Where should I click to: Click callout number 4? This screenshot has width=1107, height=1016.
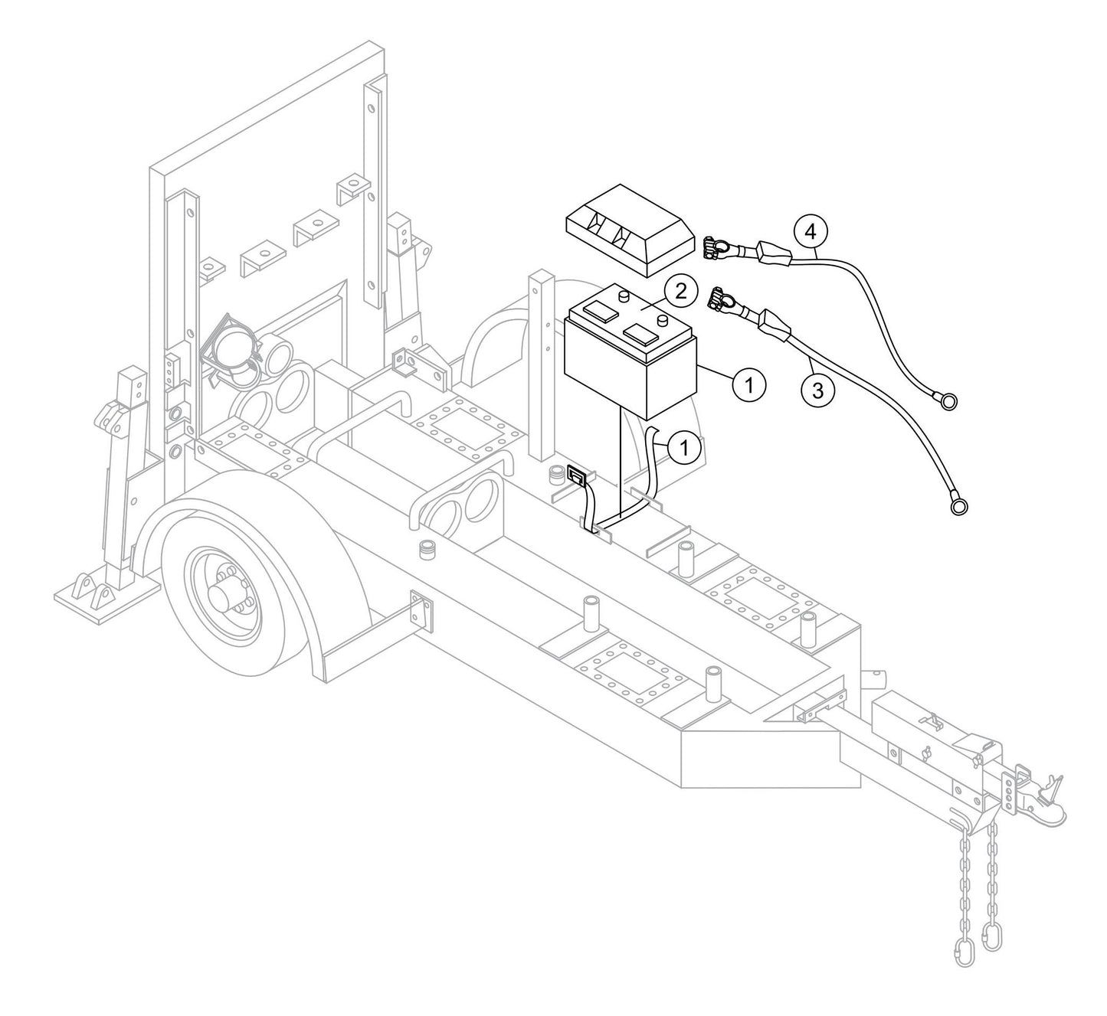[810, 231]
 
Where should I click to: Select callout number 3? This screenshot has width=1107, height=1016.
[817, 390]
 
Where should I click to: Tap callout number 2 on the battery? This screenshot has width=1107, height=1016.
[680, 291]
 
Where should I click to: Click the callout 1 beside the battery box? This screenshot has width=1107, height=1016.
[750, 384]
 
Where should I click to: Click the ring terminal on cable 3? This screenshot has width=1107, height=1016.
[958, 505]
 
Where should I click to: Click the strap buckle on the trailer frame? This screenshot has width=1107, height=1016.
[576, 479]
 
